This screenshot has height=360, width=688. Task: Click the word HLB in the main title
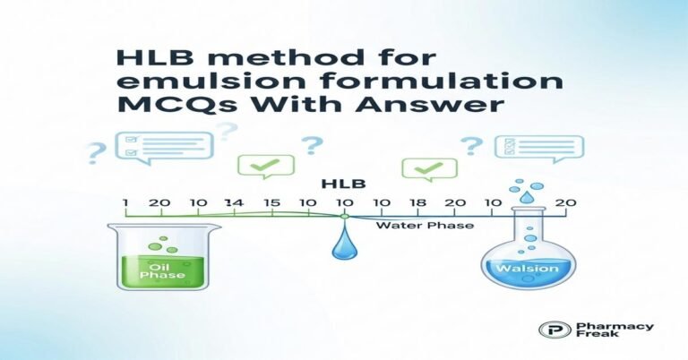click(149, 59)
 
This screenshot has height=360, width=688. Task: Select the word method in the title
click(262, 59)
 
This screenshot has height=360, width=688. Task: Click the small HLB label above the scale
click(341, 185)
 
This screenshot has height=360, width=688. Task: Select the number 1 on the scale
click(127, 203)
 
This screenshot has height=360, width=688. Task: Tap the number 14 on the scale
click(236, 203)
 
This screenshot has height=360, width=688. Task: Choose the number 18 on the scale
click(417, 203)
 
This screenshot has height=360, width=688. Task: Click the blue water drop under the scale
click(343, 246)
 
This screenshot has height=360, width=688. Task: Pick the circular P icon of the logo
click(547, 330)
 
